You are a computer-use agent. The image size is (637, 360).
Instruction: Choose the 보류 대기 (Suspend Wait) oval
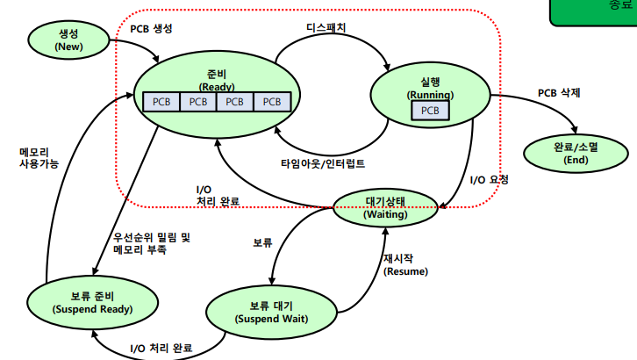coord(271,312)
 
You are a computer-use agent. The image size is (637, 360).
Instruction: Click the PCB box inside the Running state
coord(430,111)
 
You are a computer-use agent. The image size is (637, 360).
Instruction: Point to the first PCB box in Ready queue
coord(161,101)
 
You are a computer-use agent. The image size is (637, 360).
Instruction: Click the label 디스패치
coord(326,27)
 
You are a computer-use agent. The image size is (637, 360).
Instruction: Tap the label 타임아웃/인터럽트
coord(323,163)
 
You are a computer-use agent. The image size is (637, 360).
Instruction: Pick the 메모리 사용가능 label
coord(39,156)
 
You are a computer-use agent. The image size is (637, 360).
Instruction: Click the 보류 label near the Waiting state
coord(262,241)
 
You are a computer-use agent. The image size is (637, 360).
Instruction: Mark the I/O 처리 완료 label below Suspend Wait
coord(161,348)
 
